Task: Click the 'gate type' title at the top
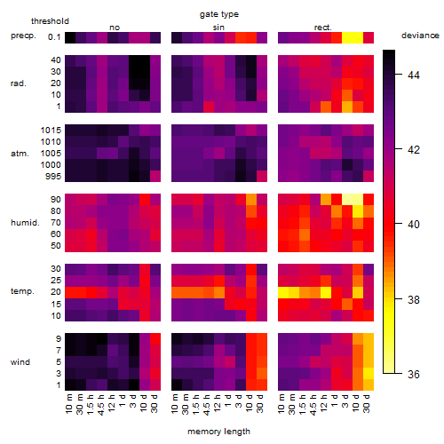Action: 219,14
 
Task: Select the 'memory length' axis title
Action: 218,432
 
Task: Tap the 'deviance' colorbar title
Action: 420,36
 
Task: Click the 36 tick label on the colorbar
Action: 414,375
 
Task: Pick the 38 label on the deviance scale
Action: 414,299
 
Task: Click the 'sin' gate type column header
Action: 218,28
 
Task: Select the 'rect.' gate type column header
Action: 323,28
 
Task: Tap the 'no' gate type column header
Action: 115,28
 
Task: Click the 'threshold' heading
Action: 50,21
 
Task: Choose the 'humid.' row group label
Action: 25,223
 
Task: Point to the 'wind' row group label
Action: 20,362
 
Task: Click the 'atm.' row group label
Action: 20,154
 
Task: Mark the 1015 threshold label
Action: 51,131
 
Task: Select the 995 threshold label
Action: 53,177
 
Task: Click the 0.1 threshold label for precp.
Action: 54,37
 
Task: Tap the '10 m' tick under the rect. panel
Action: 281,403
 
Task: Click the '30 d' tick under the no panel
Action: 155,403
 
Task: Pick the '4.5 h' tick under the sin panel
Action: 207,404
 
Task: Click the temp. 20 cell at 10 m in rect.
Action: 283,292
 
